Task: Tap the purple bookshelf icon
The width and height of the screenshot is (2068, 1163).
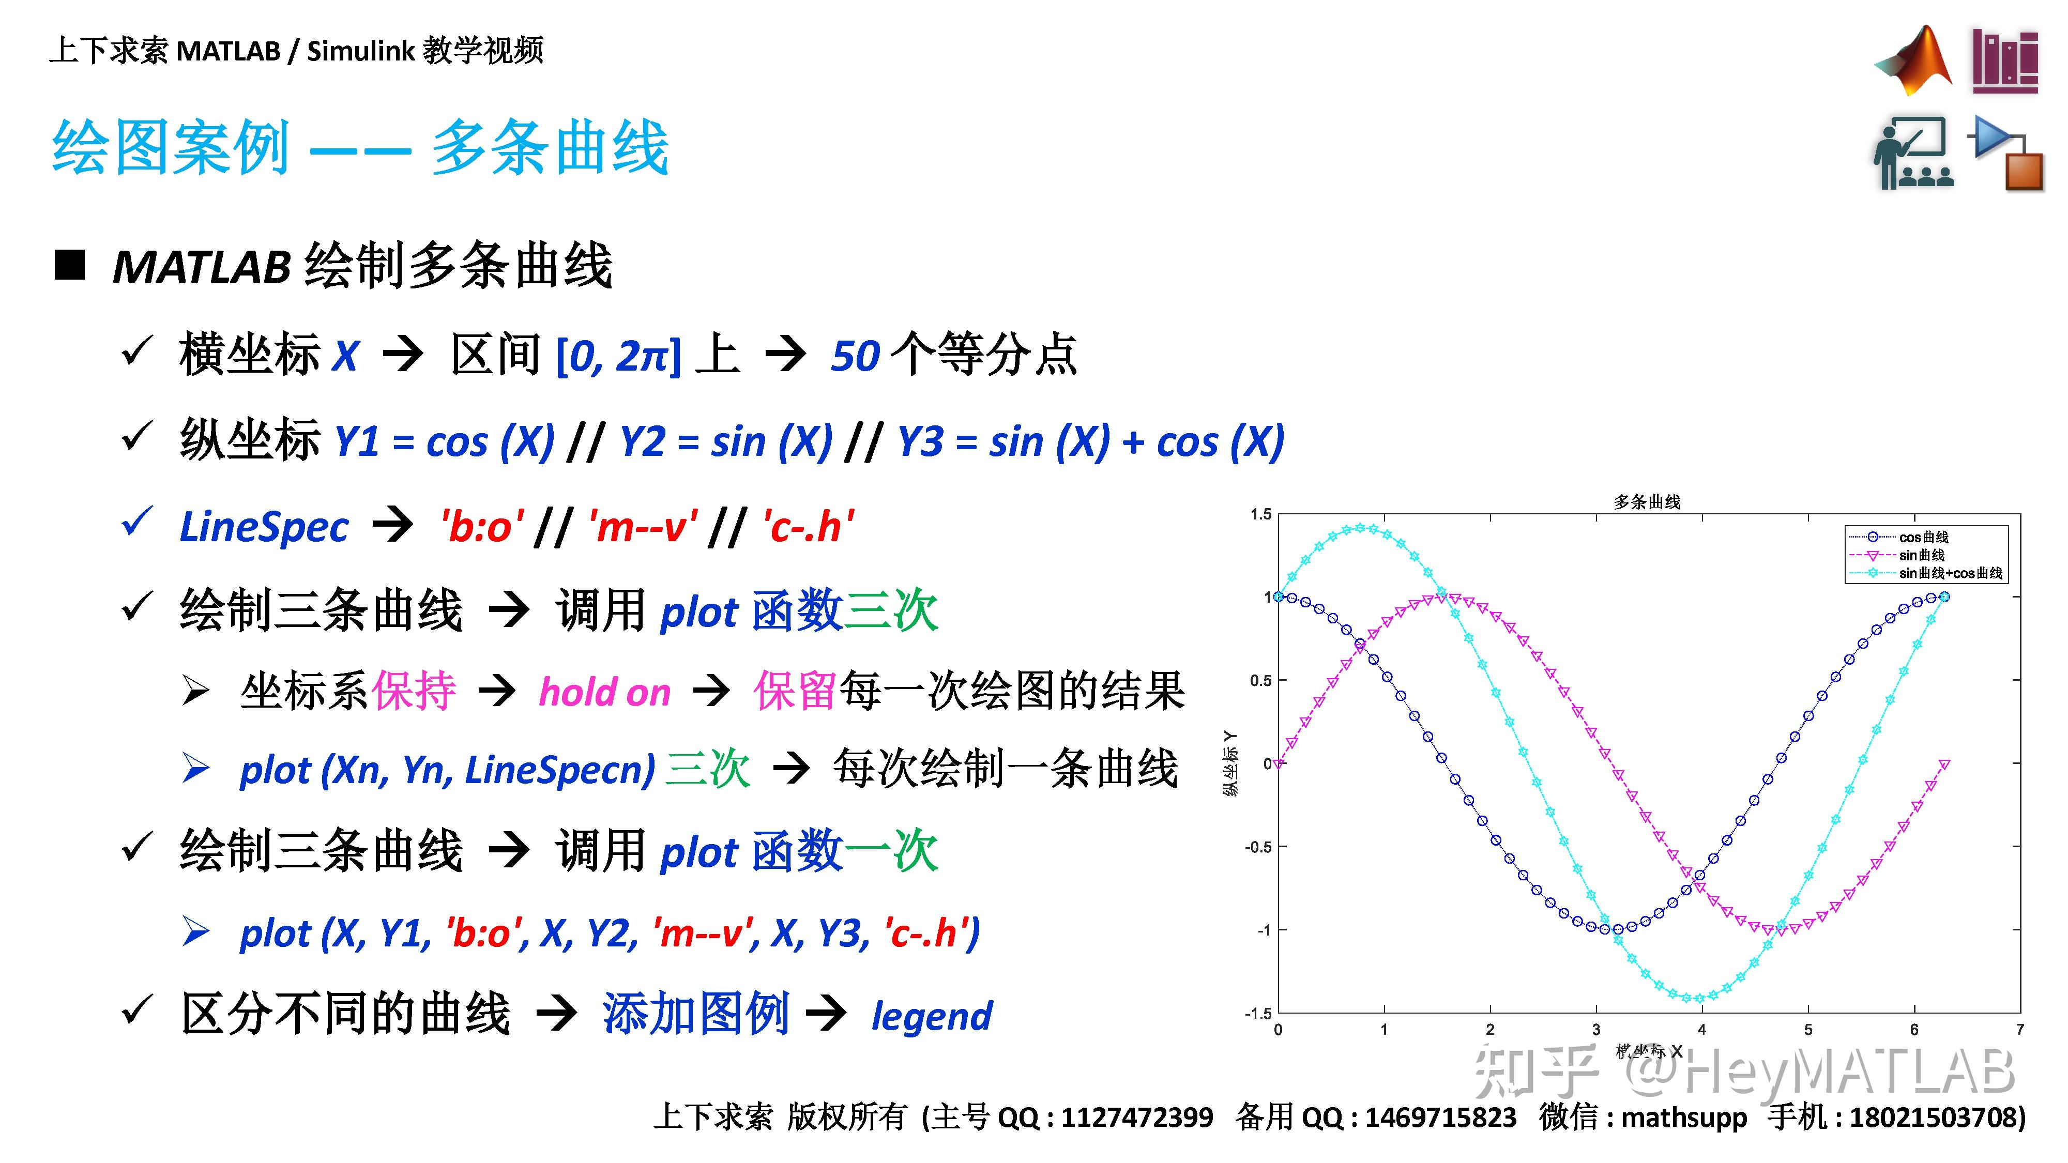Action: point(2004,60)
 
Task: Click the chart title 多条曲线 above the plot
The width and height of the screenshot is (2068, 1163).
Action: point(1647,501)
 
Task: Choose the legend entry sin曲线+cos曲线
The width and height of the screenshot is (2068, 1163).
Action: point(1950,573)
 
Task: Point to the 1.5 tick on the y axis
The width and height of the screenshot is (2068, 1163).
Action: point(1260,514)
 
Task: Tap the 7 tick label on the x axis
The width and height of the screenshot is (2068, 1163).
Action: point(2020,1030)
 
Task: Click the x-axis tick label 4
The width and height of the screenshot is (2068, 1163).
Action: point(1702,1030)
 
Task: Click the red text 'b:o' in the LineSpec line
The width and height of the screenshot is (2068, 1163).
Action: point(482,527)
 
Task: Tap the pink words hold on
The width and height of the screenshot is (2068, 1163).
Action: point(604,692)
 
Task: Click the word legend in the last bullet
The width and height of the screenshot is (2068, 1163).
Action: point(932,1016)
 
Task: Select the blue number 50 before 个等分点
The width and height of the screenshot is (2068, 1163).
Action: point(856,356)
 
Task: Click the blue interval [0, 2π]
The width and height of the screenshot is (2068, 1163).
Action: point(618,356)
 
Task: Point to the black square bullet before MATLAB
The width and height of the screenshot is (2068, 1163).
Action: point(70,265)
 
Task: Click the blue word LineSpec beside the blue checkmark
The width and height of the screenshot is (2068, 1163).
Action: point(264,527)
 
